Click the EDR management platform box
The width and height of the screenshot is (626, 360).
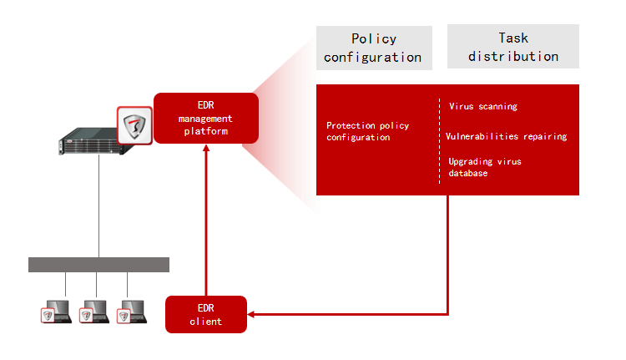205,118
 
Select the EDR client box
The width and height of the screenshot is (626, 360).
206,314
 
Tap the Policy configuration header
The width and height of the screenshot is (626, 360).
373,48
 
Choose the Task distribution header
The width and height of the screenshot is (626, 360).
512,47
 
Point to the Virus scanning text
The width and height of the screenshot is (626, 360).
483,107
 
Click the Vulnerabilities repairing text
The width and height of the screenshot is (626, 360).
507,136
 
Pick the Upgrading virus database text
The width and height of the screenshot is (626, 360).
485,167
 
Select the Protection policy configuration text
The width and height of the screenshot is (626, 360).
368,131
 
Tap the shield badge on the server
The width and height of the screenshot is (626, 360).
134,126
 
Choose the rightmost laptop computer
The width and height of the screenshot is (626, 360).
134,312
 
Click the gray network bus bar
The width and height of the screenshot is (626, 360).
98,265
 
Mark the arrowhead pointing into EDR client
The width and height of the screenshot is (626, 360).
253,314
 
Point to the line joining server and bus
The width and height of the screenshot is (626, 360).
98,205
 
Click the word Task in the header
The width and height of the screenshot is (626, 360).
513,38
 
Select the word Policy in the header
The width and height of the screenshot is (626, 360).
373,38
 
